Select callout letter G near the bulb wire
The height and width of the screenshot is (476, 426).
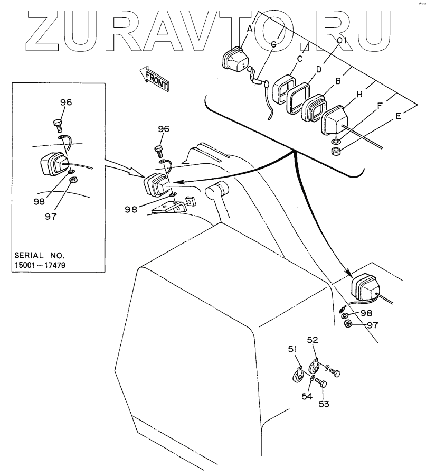pyautogui.click(x=273, y=45)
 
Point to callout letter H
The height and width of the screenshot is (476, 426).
pyautogui.click(x=359, y=95)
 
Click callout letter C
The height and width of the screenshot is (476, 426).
pyautogui.click(x=299, y=59)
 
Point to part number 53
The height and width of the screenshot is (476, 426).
pyautogui.click(x=323, y=404)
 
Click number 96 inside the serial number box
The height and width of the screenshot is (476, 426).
pyautogui.click(x=66, y=102)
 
